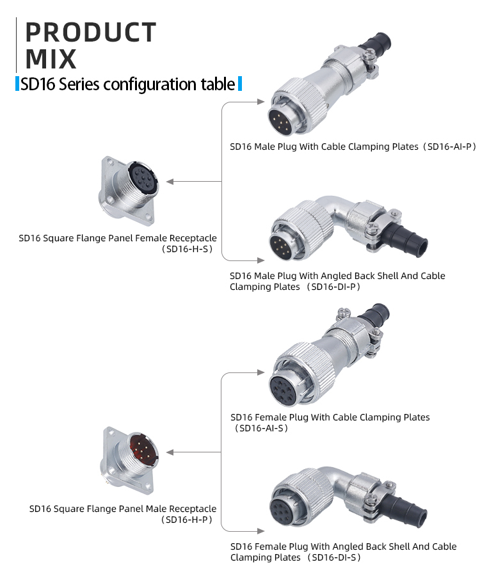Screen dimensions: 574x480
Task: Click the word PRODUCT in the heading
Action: [x=90, y=33]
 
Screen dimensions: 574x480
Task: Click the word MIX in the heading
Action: [x=51, y=59]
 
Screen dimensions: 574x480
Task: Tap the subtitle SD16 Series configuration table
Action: [x=127, y=84]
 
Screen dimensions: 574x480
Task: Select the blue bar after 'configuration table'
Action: [x=240, y=84]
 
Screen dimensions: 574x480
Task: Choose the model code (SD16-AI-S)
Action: [x=262, y=428]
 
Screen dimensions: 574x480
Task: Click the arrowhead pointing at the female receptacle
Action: [x=171, y=182]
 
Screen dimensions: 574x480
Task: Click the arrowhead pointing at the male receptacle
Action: [x=171, y=452]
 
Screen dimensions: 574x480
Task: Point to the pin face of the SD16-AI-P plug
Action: [x=282, y=121]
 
